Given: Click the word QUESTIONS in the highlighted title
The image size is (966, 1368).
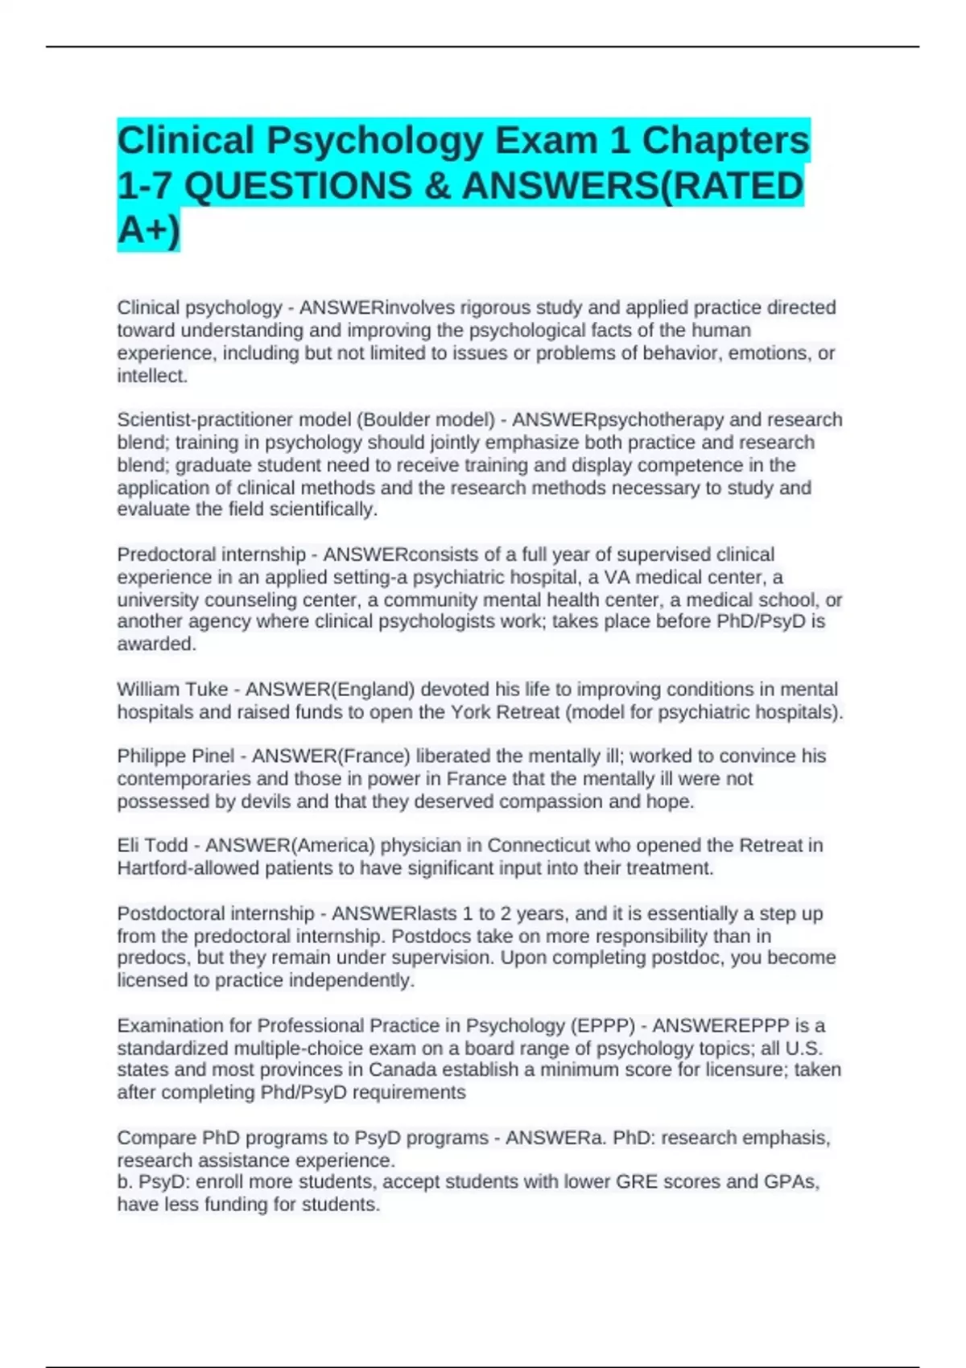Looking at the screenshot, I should [298, 186].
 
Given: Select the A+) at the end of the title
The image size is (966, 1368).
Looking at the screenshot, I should [149, 231].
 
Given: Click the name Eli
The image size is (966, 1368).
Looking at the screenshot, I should [129, 846].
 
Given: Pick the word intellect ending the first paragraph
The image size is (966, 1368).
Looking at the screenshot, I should [152, 376].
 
